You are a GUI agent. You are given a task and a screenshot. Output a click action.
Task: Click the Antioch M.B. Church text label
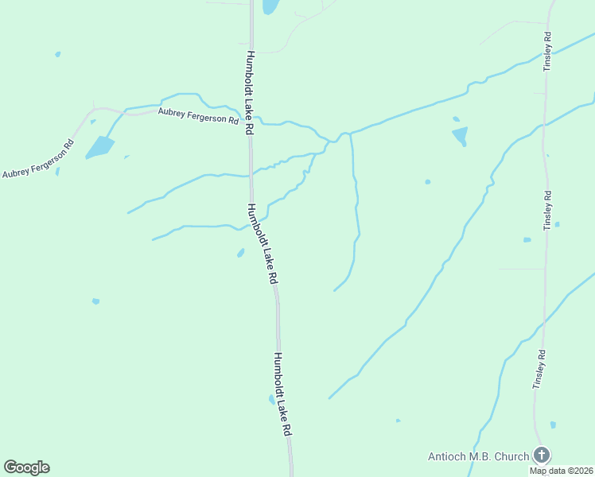(478, 456)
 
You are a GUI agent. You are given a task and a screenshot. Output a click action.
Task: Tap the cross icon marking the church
(541, 456)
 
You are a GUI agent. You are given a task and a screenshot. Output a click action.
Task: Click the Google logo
(26, 467)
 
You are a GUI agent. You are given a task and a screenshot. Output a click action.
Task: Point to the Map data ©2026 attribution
(560, 471)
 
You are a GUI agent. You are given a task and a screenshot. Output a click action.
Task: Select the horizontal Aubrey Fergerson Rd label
(198, 117)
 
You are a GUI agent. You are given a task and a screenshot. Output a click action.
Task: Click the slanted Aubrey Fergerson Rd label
(38, 159)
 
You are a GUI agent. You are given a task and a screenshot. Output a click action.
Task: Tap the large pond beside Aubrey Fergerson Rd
(99, 147)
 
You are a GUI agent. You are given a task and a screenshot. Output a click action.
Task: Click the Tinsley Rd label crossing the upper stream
(547, 52)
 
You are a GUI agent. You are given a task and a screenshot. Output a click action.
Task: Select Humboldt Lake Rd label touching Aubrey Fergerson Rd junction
(250, 93)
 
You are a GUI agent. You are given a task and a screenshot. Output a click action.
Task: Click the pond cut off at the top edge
(270, 6)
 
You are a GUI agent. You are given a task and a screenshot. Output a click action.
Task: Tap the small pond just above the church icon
(553, 425)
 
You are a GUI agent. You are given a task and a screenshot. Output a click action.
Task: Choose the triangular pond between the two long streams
(460, 136)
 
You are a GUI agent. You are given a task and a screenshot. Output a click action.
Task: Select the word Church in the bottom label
(511, 456)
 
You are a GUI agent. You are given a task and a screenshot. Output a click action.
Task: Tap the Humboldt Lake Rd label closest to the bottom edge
(282, 394)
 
